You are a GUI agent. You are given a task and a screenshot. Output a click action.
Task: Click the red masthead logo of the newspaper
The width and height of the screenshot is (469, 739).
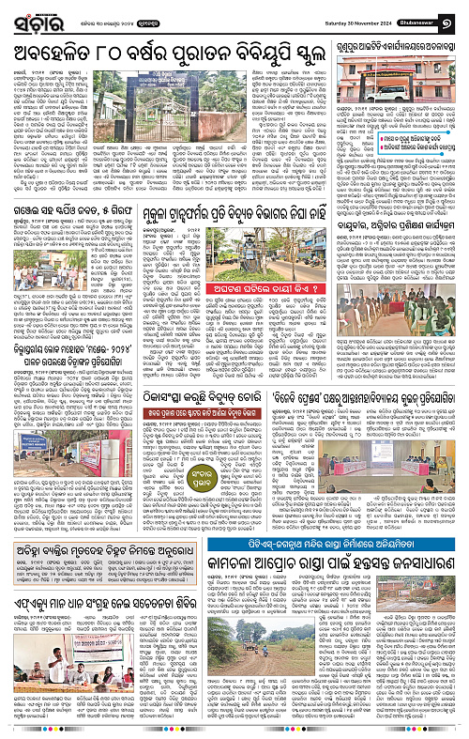[30, 14]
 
